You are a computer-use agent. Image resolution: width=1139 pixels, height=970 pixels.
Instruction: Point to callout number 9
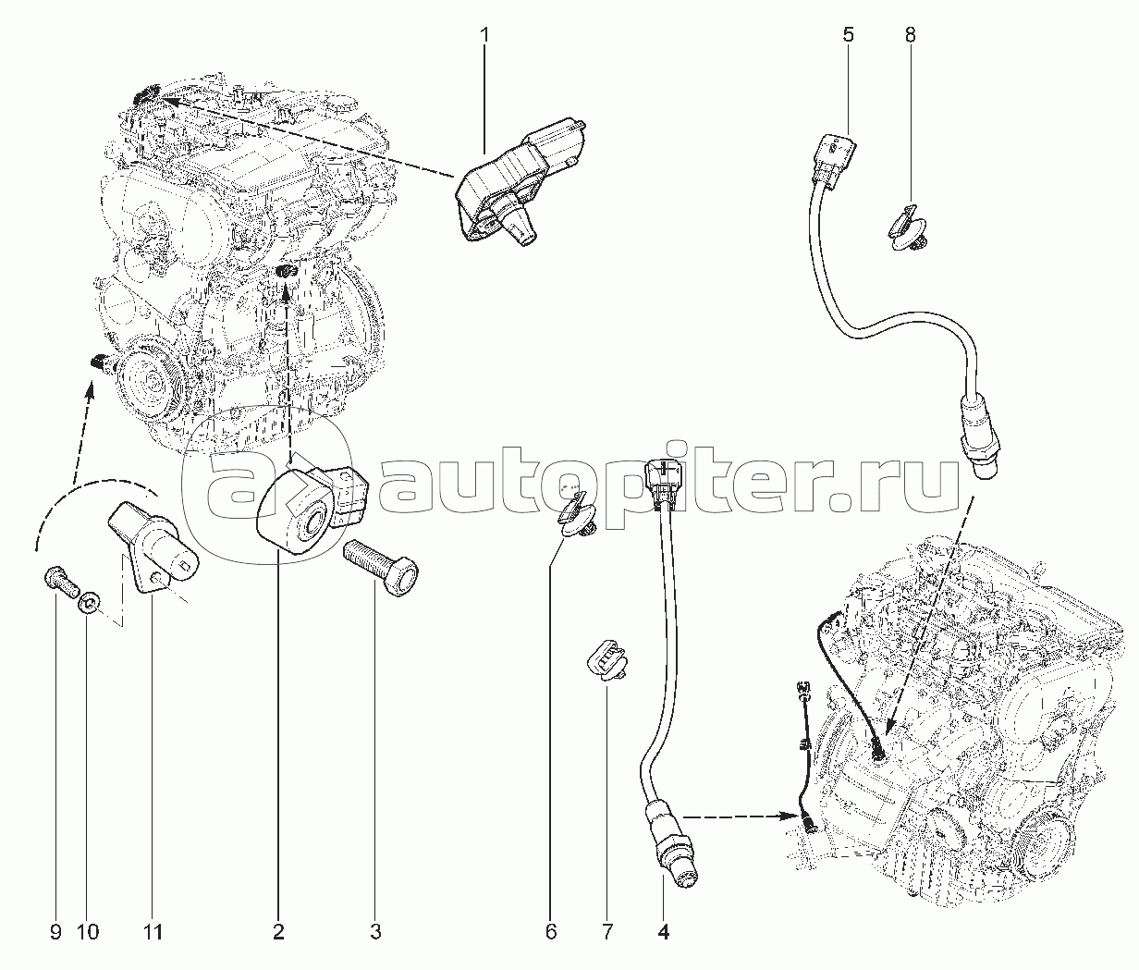[x=55, y=932]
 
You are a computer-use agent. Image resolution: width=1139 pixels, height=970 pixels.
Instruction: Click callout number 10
[x=89, y=932]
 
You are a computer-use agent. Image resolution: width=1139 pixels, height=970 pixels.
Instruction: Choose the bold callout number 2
[x=278, y=932]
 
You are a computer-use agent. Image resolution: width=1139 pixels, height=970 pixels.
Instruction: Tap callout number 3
[x=375, y=932]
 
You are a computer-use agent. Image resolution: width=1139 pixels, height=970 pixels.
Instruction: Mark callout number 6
[x=551, y=932]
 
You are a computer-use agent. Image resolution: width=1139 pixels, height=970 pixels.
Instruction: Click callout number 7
[x=607, y=932]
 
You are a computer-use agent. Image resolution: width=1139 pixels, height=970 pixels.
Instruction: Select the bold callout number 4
[x=664, y=932]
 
